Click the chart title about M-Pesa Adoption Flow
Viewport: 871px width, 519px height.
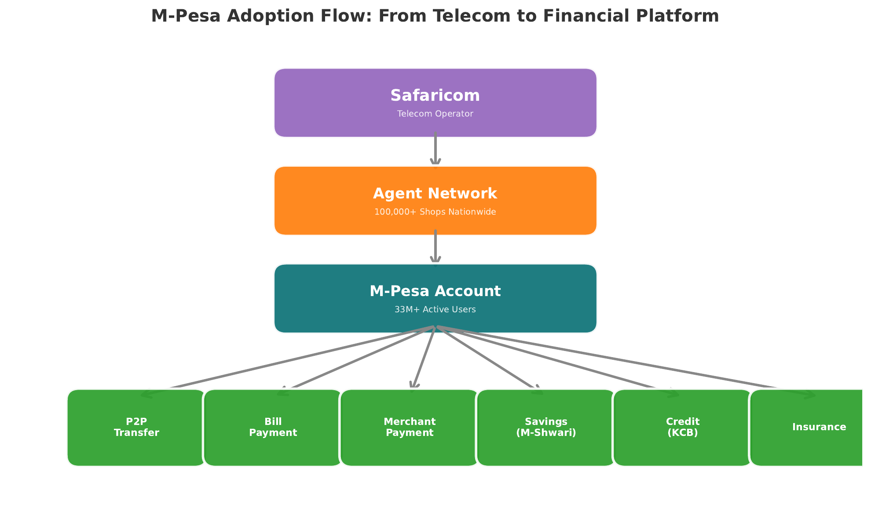point(435,16)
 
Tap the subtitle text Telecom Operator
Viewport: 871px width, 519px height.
point(435,114)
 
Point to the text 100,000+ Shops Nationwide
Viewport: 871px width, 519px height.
point(435,212)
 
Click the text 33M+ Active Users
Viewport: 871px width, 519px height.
point(435,310)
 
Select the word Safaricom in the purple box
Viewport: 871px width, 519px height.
point(435,96)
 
